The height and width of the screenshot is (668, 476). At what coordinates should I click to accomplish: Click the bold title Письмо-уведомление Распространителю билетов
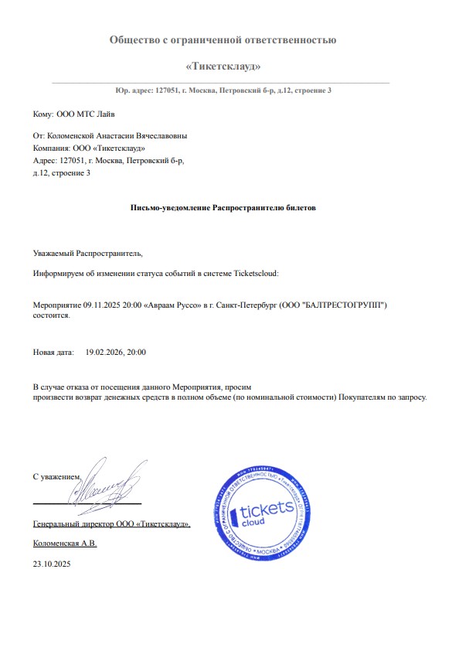(223, 208)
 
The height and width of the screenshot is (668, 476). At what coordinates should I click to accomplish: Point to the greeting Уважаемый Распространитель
(88, 253)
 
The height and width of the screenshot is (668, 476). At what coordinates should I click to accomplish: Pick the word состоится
(52, 315)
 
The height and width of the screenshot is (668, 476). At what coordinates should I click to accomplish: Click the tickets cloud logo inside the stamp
(264, 514)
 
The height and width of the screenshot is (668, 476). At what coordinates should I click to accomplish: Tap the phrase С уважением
(56, 477)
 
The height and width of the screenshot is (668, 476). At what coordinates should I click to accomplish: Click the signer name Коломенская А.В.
(65, 544)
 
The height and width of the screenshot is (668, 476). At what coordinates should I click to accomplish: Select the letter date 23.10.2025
(52, 565)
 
